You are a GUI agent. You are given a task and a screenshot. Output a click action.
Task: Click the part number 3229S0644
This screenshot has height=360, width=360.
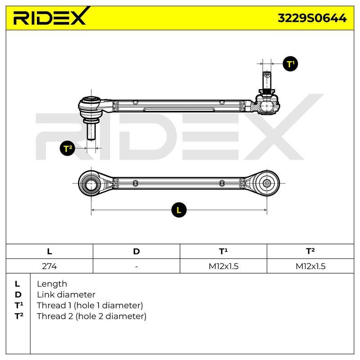click(312, 18)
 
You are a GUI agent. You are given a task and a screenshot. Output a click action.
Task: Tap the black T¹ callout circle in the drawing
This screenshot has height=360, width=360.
click(290, 64)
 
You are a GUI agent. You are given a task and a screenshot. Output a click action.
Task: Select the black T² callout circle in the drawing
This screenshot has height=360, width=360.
click(67, 148)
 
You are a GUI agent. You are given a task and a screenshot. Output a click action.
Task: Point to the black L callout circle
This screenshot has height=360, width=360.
click(179, 210)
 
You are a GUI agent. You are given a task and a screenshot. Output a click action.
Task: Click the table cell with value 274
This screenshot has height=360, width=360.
click(49, 266)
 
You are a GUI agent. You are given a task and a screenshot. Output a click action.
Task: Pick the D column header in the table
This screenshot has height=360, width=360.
click(136, 252)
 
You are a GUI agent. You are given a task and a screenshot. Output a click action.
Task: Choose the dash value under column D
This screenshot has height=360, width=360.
click(136, 266)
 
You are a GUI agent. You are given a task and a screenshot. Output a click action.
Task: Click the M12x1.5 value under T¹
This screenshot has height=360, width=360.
click(223, 266)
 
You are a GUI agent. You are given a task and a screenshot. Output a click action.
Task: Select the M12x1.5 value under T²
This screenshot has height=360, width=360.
click(310, 266)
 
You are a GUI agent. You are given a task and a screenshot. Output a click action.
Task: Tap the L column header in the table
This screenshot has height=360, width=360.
click(49, 252)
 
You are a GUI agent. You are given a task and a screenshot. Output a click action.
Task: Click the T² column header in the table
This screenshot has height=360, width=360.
click(310, 251)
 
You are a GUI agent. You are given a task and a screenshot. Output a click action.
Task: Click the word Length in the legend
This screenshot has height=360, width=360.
click(52, 284)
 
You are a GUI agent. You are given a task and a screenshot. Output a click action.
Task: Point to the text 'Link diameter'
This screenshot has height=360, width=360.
click(66, 295)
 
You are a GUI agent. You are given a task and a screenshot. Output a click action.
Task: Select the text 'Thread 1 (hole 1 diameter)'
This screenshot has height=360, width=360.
click(90, 306)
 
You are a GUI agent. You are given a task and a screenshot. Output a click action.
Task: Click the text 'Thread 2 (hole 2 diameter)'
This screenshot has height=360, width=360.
click(92, 316)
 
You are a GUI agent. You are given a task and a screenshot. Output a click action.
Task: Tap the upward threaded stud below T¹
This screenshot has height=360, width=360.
click(267, 81)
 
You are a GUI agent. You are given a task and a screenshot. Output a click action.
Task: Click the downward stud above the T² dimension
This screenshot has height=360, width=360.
click(91, 131)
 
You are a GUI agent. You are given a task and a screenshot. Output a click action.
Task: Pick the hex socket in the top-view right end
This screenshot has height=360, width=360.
click(266, 183)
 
